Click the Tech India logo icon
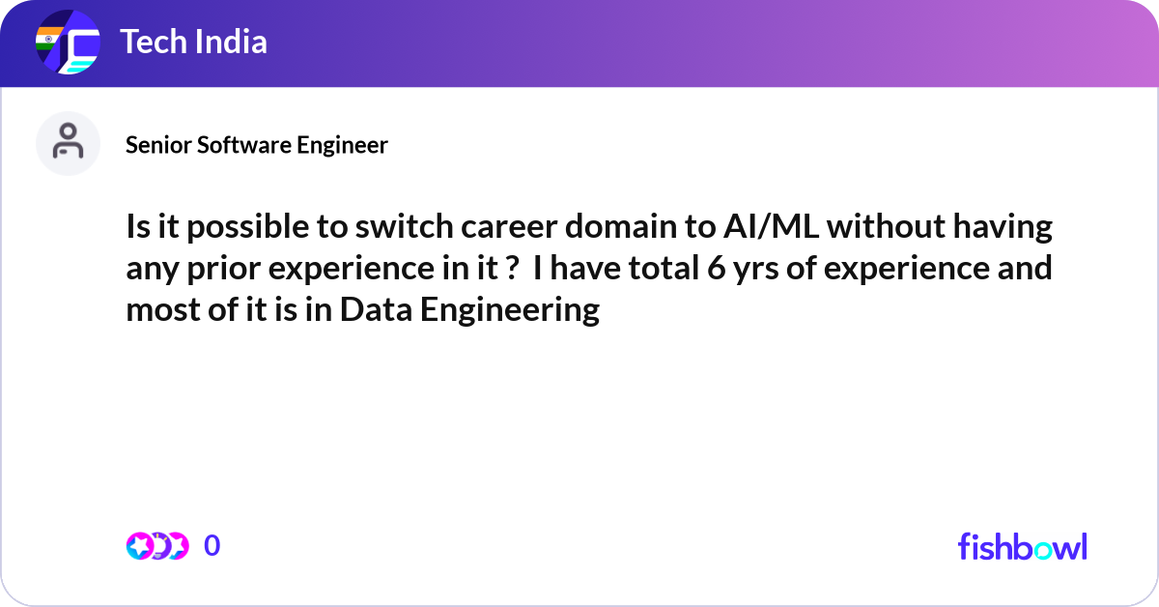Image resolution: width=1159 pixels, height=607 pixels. pyautogui.click(x=68, y=43)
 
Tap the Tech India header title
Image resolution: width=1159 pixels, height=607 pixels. pyautogui.click(x=193, y=43)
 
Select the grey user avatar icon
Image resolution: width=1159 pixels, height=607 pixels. pyautogui.click(x=68, y=143)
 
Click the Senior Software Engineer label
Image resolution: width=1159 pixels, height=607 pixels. pyautogui.click(x=257, y=145)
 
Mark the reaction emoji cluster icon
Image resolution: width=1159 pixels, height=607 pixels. pyautogui.click(x=156, y=546)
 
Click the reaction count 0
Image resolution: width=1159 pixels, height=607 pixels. pyautogui.click(x=212, y=546)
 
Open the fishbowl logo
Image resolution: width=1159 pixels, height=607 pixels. pyautogui.click(x=1022, y=546)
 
